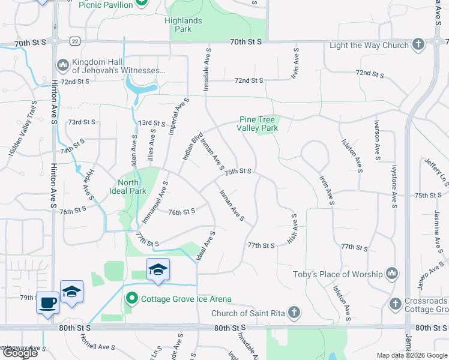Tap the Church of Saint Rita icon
click(294, 312)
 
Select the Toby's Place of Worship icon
click(393, 274)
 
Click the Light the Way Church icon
click(418, 44)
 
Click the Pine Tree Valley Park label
click(258, 124)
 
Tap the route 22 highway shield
click(74, 41)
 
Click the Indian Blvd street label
click(193, 146)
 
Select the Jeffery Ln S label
click(436, 171)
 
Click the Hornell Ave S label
click(98, 347)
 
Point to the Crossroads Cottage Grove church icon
click(395, 304)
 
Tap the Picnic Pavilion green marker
click(141, 3)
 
